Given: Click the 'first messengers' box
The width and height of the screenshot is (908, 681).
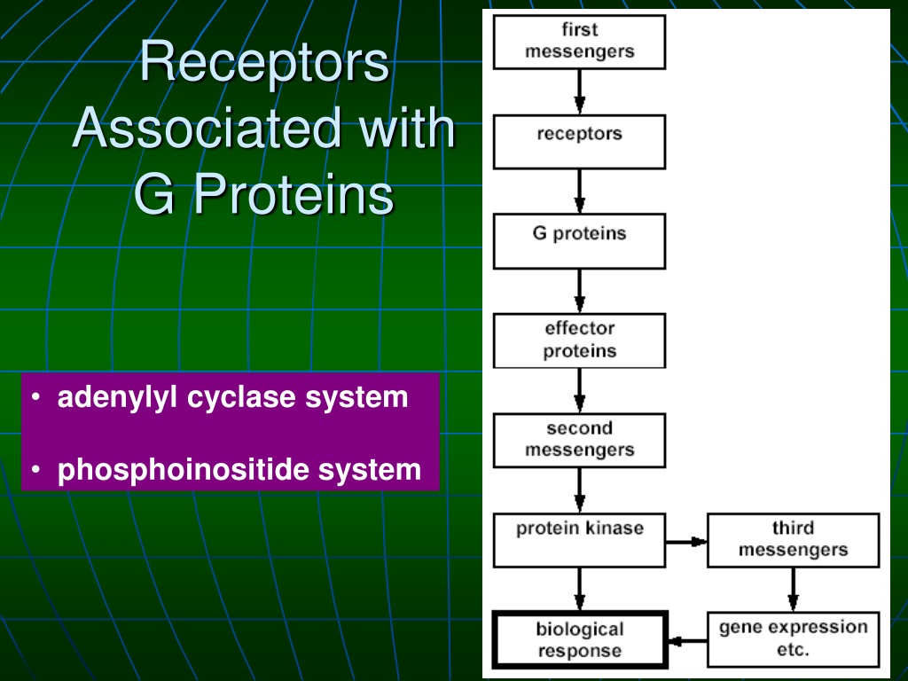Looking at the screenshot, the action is (x=579, y=43).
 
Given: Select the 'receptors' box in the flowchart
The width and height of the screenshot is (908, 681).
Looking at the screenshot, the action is (x=579, y=142).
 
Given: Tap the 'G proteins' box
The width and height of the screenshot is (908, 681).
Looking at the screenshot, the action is (x=579, y=241).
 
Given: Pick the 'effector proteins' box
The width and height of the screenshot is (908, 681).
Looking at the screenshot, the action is (x=579, y=341).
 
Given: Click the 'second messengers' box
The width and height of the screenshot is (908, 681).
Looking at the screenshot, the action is (x=579, y=441).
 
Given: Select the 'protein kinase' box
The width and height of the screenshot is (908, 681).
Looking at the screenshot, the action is (x=579, y=540).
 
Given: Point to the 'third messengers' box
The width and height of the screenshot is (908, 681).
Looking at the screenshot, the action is (x=794, y=540).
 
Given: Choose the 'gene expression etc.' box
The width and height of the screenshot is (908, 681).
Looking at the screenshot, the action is (x=794, y=639).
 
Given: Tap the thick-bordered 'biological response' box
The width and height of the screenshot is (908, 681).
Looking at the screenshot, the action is (x=579, y=639).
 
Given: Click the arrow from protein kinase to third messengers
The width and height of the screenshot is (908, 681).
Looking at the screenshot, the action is (x=686, y=542).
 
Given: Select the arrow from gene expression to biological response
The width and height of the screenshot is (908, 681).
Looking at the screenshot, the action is (x=687, y=641).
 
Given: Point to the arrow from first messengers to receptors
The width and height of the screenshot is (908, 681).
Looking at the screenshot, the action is (x=579, y=92).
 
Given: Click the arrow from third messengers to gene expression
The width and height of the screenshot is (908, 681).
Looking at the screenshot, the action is (x=794, y=590).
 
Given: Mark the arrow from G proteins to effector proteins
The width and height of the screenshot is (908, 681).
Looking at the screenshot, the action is (x=579, y=291).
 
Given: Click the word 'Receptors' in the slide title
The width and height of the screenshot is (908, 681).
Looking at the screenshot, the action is (x=264, y=63).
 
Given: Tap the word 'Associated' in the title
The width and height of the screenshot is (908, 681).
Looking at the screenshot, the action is (x=207, y=128).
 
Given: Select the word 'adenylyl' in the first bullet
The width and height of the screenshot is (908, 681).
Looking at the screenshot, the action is (x=117, y=398).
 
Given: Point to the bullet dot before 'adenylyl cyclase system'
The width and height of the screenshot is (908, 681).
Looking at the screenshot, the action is (x=36, y=397).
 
